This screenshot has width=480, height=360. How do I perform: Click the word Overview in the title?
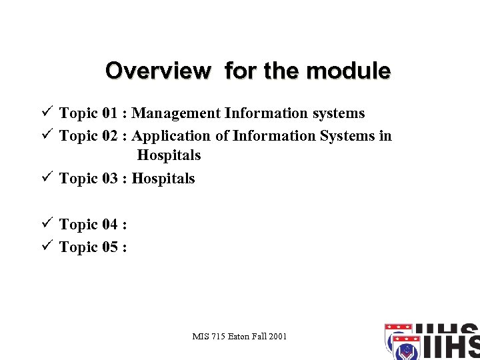pyautogui.click(x=157, y=71)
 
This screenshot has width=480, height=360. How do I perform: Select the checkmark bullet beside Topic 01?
pyautogui.click(x=46, y=113)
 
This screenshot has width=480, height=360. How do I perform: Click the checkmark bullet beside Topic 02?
pyautogui.click(x=46, y=135)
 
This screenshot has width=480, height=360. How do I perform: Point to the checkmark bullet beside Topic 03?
pyautogui.click(x=46, y=178)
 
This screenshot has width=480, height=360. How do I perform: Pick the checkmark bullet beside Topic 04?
pyautogui.click(x=46, y=224)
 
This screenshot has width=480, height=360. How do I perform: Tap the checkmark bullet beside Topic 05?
pyautogui.click(x=46, y=247)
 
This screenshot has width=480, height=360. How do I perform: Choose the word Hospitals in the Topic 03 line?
pyautogui.click(x=163, y=179)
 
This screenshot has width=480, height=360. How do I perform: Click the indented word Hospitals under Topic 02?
pyautogui.click(x=169, y=155)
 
